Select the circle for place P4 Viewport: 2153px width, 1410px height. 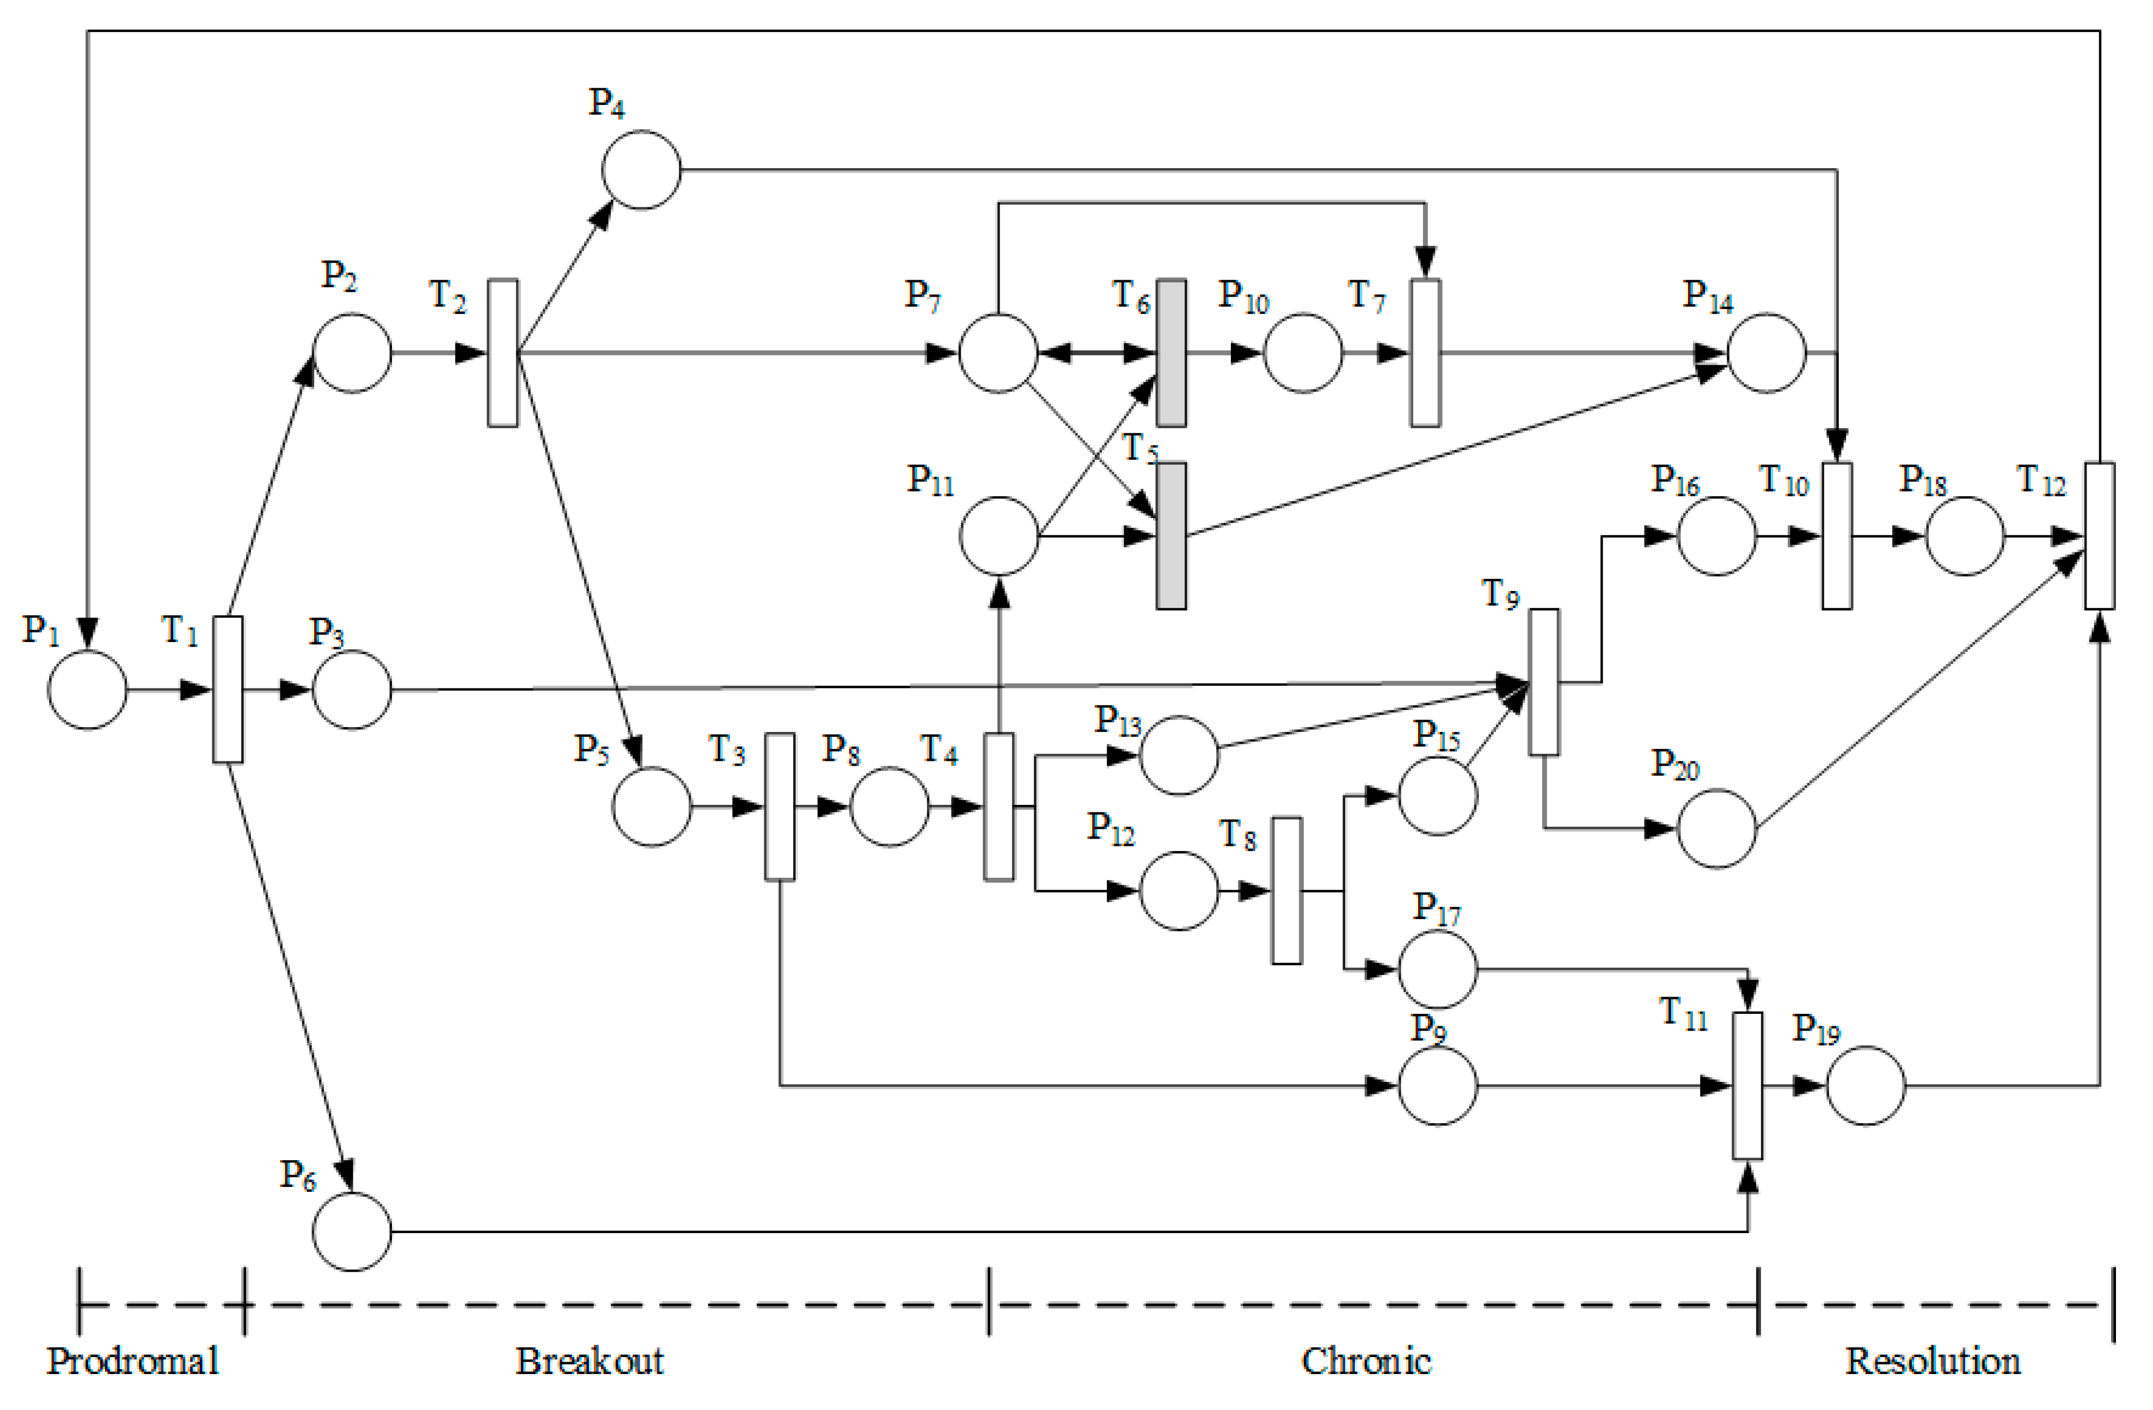click(641, 170)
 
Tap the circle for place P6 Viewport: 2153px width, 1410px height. click(352, 1232)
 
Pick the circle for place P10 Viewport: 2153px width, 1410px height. click(1303, 353)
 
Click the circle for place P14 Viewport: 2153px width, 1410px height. click(1766, 353)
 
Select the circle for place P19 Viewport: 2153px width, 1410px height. click(1866, 1085)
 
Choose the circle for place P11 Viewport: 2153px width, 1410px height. click(999, 537)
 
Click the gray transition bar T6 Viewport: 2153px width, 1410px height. click(1171, 353)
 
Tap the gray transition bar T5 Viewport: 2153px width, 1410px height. click(1171, 537)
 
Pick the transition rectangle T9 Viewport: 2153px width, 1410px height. click(1544, 682)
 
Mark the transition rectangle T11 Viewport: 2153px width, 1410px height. click(1748, 1085)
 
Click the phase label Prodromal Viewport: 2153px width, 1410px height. click(133, 1361)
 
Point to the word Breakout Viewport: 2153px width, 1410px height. click(590, 1361)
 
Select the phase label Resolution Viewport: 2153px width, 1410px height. click(1933, 1361)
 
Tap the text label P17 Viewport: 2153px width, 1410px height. click(1437, 909)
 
